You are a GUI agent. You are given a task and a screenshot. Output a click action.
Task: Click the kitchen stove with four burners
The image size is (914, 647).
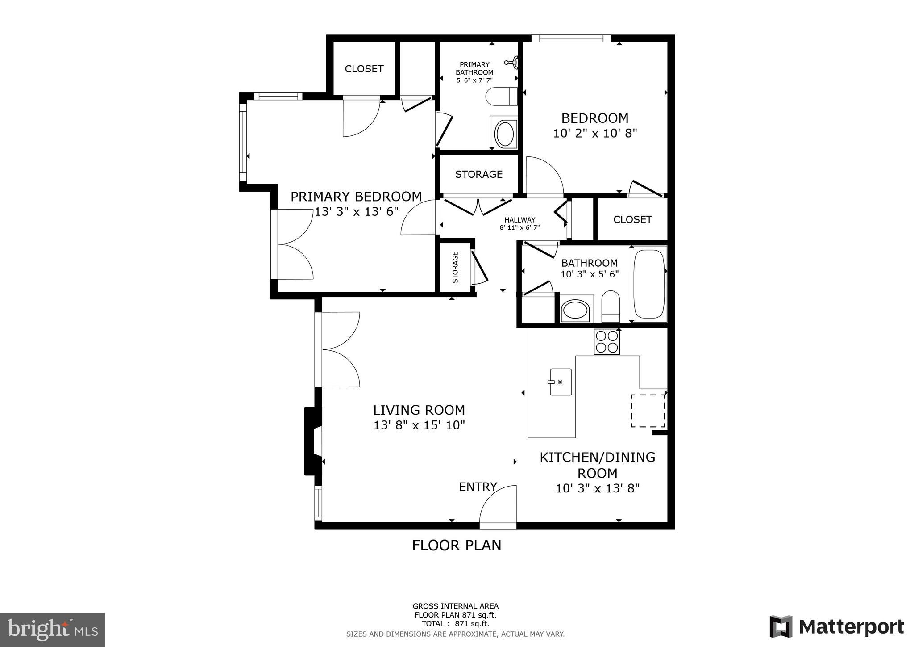point(607,342)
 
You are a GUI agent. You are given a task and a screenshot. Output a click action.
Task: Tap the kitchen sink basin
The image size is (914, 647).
point(561,382)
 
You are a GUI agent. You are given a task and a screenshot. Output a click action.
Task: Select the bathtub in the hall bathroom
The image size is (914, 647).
point(649,284)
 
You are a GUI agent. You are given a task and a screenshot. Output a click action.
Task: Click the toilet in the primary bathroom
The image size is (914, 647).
point(501,97)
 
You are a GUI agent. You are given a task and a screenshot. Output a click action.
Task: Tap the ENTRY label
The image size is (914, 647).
point(478,487)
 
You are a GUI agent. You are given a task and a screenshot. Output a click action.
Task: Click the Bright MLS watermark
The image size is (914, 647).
point(52,630)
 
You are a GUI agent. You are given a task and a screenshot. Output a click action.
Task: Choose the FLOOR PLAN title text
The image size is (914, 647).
point(456,545)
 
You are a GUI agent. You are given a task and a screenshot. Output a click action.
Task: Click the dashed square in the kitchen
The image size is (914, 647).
point(648,410)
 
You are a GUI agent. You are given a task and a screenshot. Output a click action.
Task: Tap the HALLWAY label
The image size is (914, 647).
point(519,220)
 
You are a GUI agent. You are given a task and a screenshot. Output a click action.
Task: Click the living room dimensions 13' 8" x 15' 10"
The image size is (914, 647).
point(419,425)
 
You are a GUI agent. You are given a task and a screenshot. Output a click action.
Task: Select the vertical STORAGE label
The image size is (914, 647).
point(455,267)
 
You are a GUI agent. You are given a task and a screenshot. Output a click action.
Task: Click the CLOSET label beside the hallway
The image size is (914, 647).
point(632,219)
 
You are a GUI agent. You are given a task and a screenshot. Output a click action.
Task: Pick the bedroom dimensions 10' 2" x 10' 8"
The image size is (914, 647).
point(595,133)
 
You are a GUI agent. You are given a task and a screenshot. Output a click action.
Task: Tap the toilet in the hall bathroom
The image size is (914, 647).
point(611,307)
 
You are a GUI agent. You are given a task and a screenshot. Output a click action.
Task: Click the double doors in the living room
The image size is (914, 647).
point(338,349)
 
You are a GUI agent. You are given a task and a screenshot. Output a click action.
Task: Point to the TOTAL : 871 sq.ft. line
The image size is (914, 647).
point(455,623)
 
